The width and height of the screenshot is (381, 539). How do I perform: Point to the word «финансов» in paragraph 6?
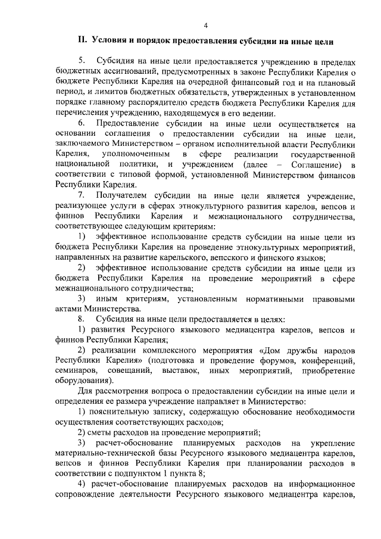click(x=338, y=175)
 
